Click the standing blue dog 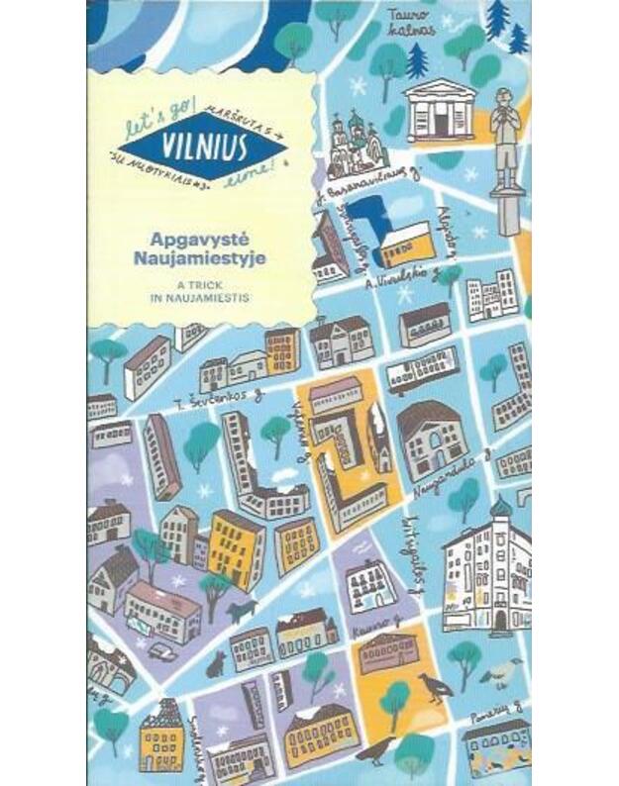(242, 609)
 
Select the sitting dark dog (217, 662)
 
